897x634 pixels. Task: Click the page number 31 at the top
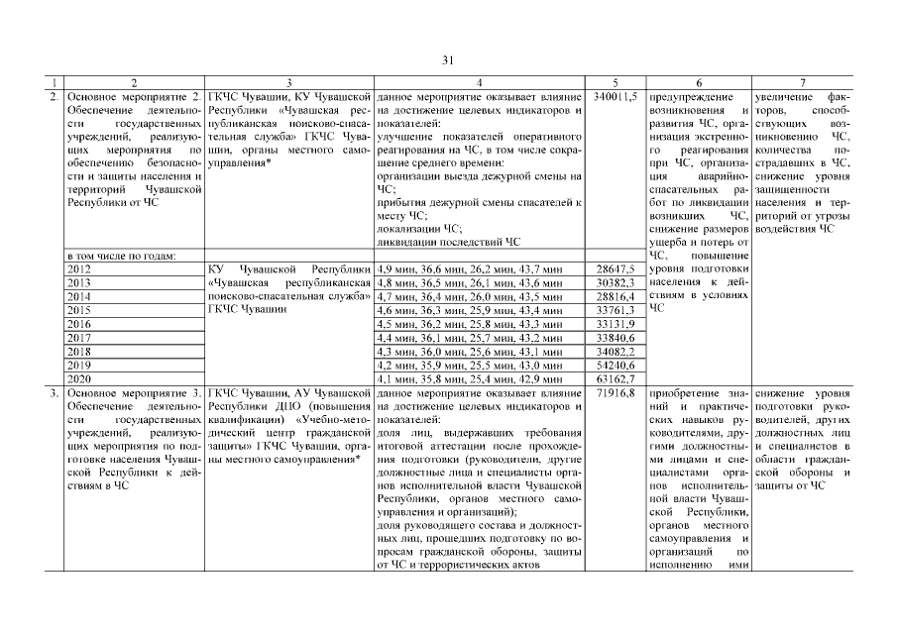448,61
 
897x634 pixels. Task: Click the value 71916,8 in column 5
616,393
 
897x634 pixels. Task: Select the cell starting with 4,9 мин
471,268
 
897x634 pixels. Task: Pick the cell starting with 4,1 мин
471,378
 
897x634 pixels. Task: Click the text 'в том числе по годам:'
121,256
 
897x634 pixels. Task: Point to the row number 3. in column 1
54,393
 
